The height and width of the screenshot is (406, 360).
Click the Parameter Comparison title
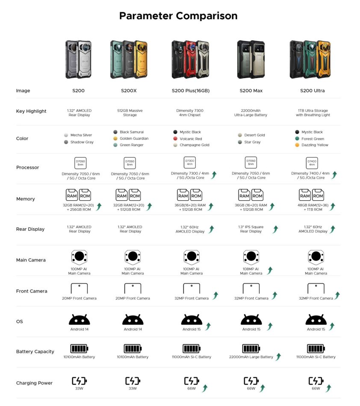[x=178, y=16]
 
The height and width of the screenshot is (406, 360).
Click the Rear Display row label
[x=30, y=229]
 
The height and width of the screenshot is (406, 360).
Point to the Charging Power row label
[x=34, y=383]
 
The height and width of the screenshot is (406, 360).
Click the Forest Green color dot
[x=297, y=139]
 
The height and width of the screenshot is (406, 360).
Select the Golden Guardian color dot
[x=115, y=138]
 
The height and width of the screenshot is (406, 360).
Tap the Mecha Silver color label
[x=81, y=135]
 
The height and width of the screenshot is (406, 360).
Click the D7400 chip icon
[x=312, y=163]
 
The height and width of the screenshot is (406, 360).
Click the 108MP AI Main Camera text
[x=251, y=271]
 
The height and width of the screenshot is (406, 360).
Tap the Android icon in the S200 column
[x=79, y=320]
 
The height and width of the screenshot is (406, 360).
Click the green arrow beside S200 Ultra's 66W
[x=328, y=388]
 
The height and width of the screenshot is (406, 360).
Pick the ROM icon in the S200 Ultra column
[x=318, y=195]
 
